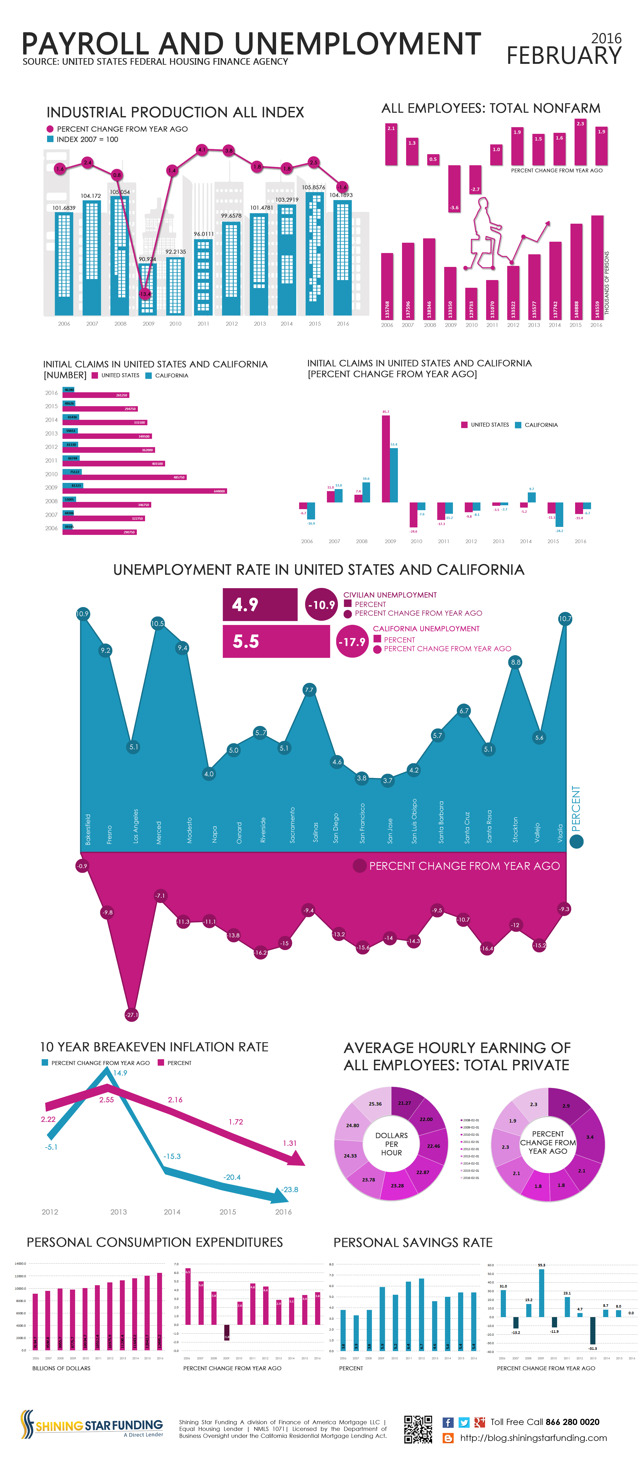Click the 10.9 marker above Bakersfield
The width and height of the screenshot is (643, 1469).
(x=83, y=614)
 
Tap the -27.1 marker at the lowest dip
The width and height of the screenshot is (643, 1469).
(x=132, y=1014)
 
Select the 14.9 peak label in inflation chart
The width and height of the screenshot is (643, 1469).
(x=120, y=1073)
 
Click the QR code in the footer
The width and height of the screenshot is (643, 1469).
(x=418, y=1429)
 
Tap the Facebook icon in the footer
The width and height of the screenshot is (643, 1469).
(x=448, y=1422)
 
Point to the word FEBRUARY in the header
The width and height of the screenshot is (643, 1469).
(x=564, y=56)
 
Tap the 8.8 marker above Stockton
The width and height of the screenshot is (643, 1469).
(x=515, y=662)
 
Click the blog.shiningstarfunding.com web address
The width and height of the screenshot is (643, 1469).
(x=533, y=1438)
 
